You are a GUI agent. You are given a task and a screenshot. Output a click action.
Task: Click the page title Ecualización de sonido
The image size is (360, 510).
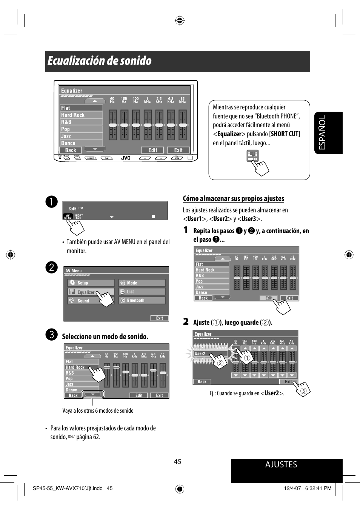[100, 61]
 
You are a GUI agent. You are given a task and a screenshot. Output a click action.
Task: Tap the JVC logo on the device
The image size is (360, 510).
[126, 158]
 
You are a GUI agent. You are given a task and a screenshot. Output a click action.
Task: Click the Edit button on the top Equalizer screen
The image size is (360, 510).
[152, 150]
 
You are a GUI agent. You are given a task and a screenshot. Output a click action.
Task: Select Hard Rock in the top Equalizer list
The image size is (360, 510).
[81, 115]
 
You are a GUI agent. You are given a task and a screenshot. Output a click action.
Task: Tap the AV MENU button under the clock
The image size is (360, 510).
[68, 217]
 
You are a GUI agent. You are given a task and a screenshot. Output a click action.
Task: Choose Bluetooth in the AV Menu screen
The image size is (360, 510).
[142, 301]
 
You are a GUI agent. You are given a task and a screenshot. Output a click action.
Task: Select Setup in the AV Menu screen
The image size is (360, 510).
[91, 283]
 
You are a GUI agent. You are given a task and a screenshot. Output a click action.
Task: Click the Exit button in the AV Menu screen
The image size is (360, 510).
[159, 318]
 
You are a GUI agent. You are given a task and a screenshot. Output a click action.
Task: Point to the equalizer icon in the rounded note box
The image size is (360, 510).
[252, 155]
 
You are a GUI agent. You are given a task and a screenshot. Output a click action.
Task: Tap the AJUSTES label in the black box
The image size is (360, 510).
[281, 465]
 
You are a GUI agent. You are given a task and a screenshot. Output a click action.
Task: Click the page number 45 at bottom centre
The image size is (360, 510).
[178, 462]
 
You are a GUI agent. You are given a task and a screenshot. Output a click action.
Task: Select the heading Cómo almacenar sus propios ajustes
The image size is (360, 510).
[233, 199]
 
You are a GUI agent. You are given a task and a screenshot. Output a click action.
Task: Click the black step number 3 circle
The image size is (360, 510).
[52, 335]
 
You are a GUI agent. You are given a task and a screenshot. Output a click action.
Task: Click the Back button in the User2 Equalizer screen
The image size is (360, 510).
[202, 382]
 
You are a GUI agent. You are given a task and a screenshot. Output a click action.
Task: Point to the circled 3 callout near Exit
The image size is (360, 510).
[303, 391]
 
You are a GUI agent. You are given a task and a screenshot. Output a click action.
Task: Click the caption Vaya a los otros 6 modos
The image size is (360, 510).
[98, 411]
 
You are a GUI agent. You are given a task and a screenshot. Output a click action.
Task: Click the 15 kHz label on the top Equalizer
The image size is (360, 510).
[182, 100]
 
